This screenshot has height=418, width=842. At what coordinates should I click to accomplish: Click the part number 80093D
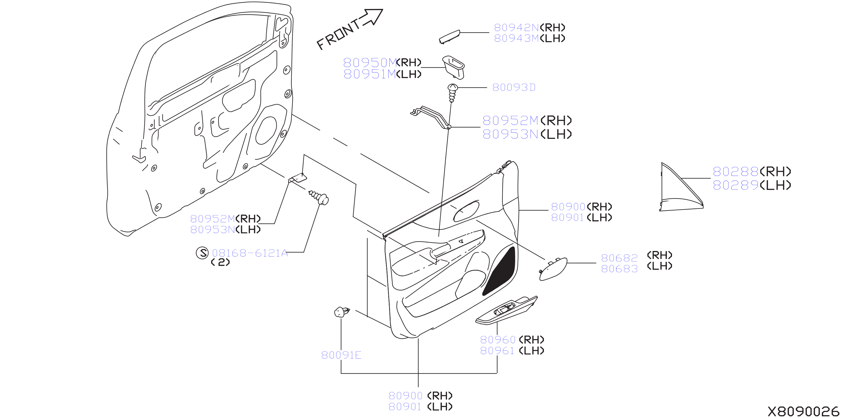click(x=514, y=88)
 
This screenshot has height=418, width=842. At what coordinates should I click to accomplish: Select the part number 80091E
click(x=341, y=355)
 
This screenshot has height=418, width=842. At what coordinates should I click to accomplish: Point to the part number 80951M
click(x=369, y=74)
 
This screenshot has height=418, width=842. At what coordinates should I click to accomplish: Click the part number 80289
click(x=735, y=185)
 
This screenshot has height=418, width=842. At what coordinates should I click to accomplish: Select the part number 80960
click(x=498, y=340)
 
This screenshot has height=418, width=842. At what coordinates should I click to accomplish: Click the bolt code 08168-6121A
click(x=250, y=253)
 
